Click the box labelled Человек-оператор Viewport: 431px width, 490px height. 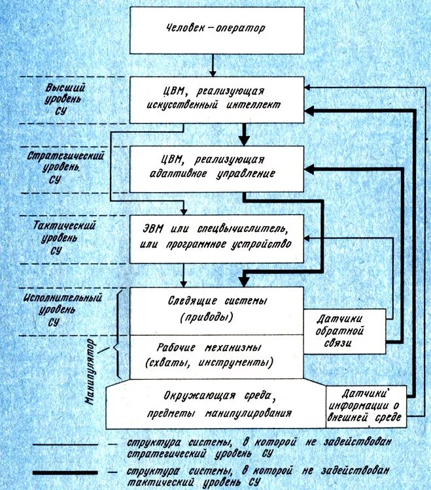tap(216, 30)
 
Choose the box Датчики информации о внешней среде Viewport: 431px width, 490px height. tap(366, 405)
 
